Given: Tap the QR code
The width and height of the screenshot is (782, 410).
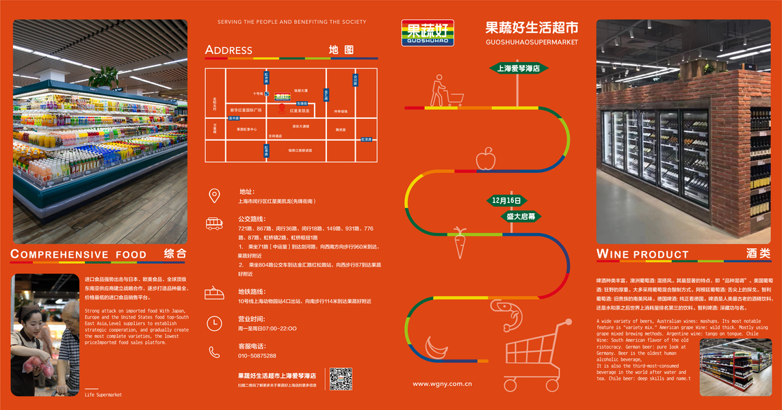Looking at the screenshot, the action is point(341,379).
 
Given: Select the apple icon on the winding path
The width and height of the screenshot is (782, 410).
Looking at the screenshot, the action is point(485,159).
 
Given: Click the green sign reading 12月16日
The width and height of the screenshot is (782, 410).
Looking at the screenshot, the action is point(506,201).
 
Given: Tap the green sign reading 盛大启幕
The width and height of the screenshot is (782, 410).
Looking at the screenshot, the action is point(521,216).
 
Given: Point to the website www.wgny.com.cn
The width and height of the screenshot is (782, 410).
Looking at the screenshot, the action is point(442,384).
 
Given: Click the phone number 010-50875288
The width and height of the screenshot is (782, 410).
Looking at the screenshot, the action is point(257,356).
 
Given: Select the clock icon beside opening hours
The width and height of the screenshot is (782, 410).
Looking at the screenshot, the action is point(214,323).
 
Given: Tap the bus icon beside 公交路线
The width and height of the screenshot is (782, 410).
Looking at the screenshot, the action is point(214,223).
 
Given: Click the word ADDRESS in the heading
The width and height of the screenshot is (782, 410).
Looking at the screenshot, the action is point(229,50).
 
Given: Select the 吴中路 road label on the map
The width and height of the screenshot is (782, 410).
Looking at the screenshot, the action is point(234,118).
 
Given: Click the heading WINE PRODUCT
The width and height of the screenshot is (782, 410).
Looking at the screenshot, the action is point(642,254).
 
